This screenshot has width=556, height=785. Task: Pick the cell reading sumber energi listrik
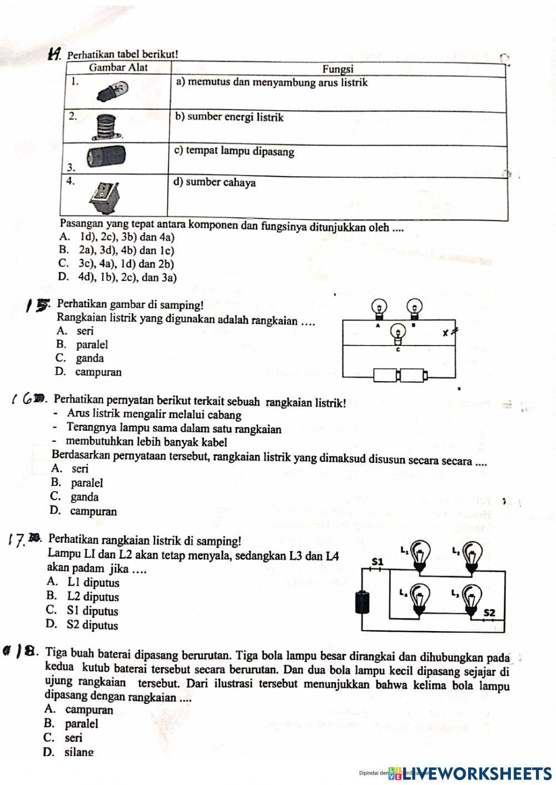(x=230, y=117)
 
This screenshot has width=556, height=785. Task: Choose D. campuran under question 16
(x=83, y=511)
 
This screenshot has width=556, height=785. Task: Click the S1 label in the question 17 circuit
(x=378, y=562)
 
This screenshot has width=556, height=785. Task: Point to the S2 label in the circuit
(x=489, y=612)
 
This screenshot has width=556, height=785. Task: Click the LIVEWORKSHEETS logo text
(x=478, y=773)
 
